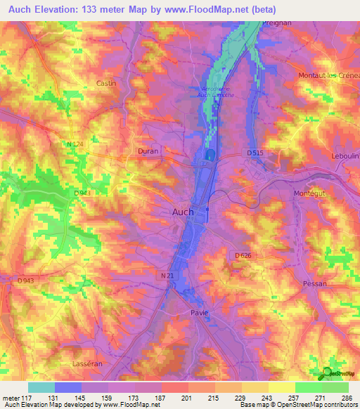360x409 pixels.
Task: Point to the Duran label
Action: click(148, 150)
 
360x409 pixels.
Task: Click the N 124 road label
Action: click(75, 144)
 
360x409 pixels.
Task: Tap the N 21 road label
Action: click(167, 276)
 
